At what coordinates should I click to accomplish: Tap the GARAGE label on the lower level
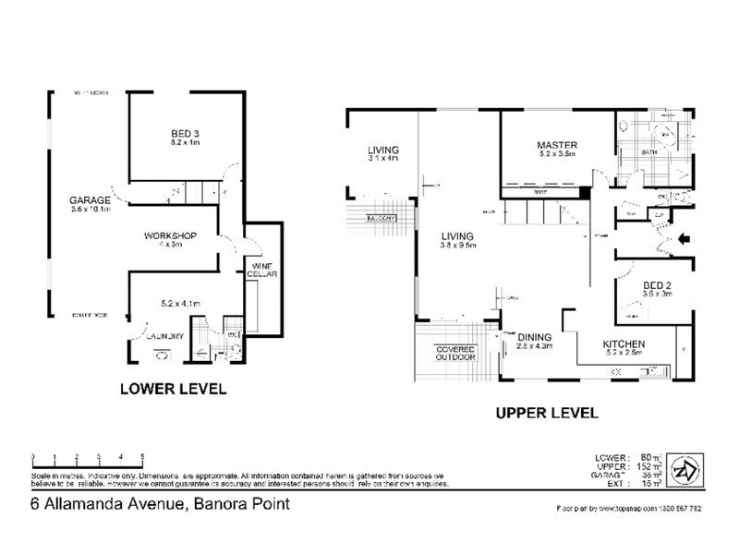click(90, 199)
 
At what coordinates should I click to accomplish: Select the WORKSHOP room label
click(170, 236)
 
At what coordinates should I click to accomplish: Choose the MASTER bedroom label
click(557, 145)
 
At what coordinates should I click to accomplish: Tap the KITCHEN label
click(624, 344)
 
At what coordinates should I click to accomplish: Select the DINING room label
click(534, 337)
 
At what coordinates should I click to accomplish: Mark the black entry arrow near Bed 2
click(684, 239)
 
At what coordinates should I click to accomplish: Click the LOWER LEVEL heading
click(174, 390)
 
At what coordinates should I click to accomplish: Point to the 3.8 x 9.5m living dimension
click(457, 247)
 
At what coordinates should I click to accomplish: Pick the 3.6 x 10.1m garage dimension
click(90, 210)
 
